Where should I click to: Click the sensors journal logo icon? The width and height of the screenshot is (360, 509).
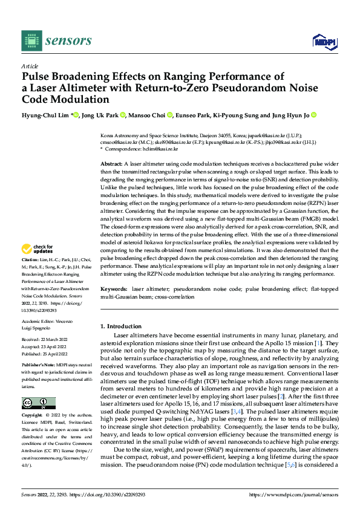(31, 41)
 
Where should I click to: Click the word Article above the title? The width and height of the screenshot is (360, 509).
(30, 66)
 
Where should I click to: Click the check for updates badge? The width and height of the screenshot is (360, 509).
(39, 248)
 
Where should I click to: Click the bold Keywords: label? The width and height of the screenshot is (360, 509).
(114, 290)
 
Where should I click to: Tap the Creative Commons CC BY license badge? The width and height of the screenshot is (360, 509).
(39, 403)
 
